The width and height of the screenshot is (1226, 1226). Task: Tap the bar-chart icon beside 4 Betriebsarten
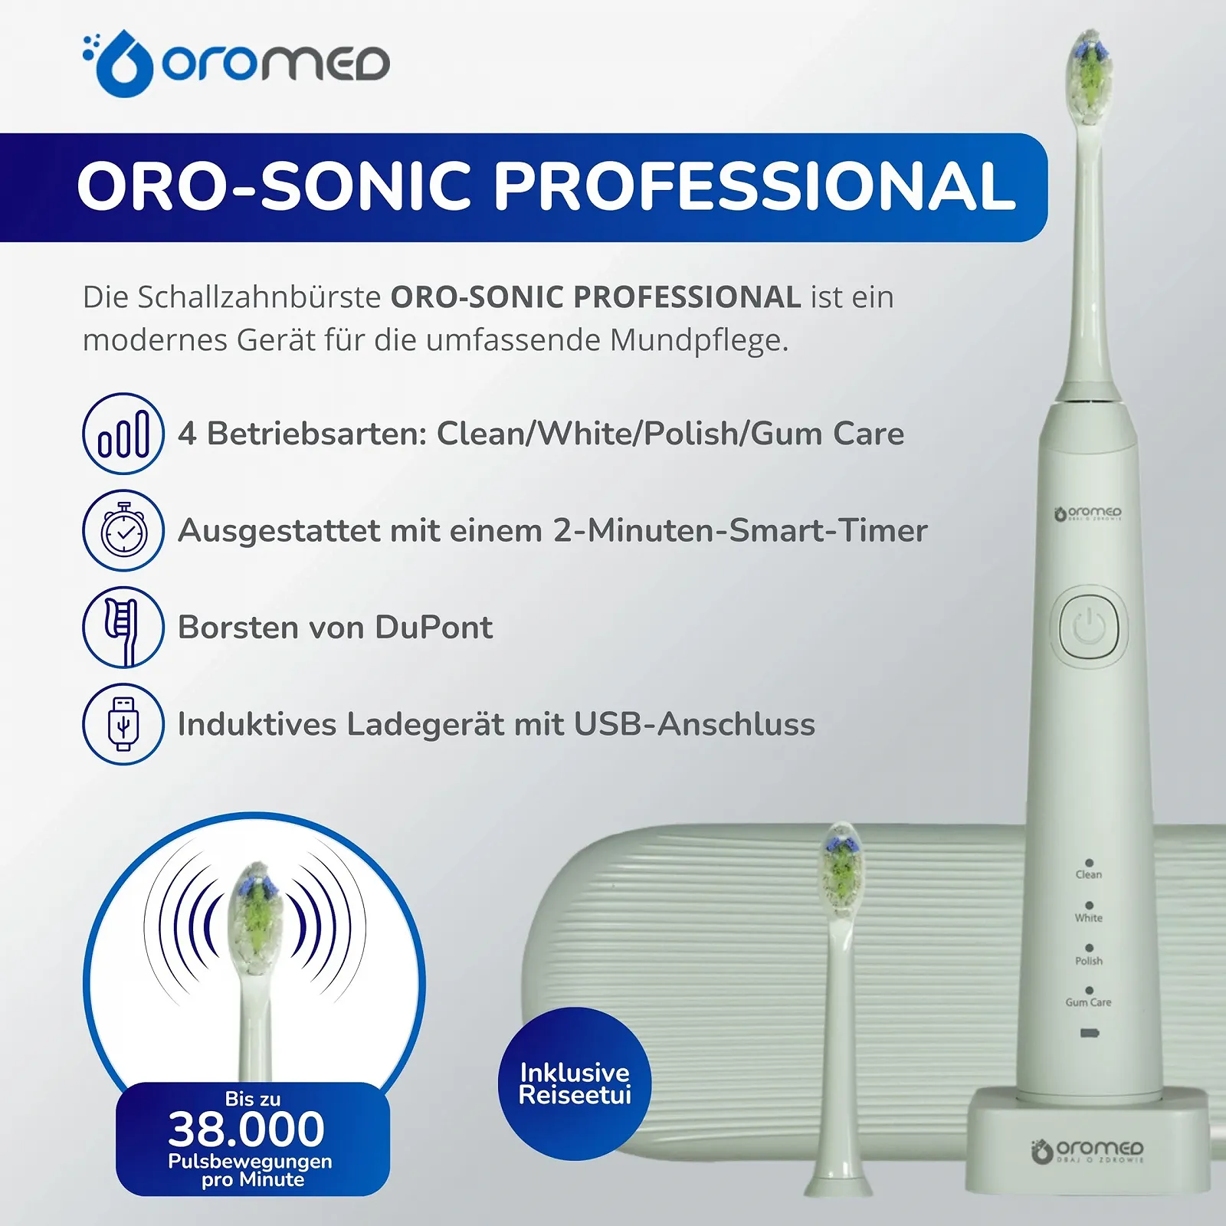(x=123, y=434)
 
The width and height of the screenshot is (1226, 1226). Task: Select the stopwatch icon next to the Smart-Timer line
(x=123, y=530)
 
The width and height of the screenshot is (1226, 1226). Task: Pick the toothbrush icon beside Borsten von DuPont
(x=123, y=627)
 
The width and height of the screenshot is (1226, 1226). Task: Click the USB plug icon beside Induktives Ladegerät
(x=123, y=723)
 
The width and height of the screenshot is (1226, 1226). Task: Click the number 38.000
(x=247, y=1129)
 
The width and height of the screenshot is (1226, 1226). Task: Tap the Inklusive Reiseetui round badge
(x=575, y=1083)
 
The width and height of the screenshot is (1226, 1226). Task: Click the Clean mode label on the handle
(x=1088, y=874)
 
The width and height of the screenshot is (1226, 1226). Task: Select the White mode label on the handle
(x=1088, y=917)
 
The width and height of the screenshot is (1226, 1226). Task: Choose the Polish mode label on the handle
(x=1088, y=960)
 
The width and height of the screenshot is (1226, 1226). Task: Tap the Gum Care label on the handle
(x=1088, y=1002)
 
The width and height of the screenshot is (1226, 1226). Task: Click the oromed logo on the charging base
(x=1088, y=1150)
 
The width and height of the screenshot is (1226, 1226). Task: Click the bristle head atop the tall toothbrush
(x=1090, y=77)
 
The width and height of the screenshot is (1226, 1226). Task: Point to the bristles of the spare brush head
(x=841, y=870)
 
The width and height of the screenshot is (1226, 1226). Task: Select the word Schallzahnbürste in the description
(x=259, y=297)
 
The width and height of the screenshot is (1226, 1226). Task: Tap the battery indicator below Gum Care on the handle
(x=1089, y=1033)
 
